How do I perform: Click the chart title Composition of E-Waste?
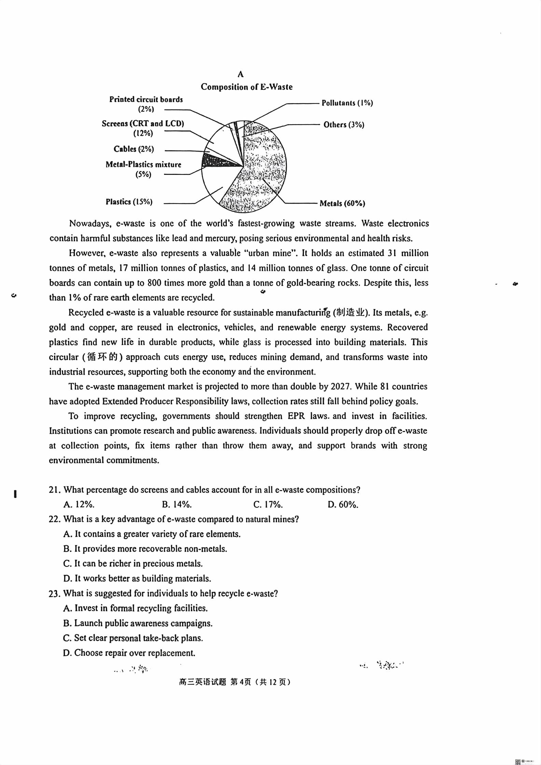click(247, 87)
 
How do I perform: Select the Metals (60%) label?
click(342, 204)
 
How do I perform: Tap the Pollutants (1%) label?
click(347, 103)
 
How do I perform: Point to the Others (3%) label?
click(344, 125)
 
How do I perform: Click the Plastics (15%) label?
click(129, 202)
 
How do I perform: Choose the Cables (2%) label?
click(134, 149)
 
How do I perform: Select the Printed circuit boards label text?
click(146, 100)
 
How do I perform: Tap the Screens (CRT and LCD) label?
click(143, 124)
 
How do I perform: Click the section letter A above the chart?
click(240, 74)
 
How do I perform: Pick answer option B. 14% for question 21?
click(177, 504)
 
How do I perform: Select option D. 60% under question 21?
click(343, 504)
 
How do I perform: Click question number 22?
click(55, 519)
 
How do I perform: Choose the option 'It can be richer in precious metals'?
click(133, 564)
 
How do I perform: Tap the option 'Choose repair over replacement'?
click(129, 653)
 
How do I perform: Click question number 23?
click(55, 594)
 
